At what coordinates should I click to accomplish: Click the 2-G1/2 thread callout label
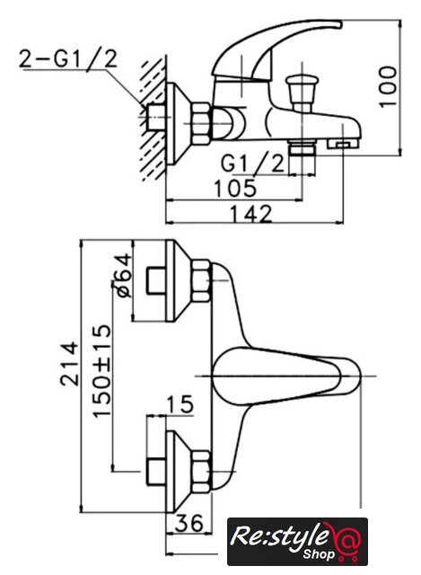tap(68, 58)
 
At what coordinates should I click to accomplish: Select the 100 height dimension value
tap(388, 86)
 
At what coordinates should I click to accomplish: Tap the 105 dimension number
tap(235, 188)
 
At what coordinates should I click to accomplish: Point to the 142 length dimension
tap(251, 214)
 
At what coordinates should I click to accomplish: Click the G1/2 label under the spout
tap(252, 163)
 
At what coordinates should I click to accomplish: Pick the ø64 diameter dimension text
tap(122, 275)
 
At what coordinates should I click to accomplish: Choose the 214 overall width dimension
tap(69, 363)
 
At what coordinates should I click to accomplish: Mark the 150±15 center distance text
tap(101, 371)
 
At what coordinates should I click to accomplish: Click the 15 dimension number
tap(180, 404)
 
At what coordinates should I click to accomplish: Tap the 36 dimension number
tap(189, 523)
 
